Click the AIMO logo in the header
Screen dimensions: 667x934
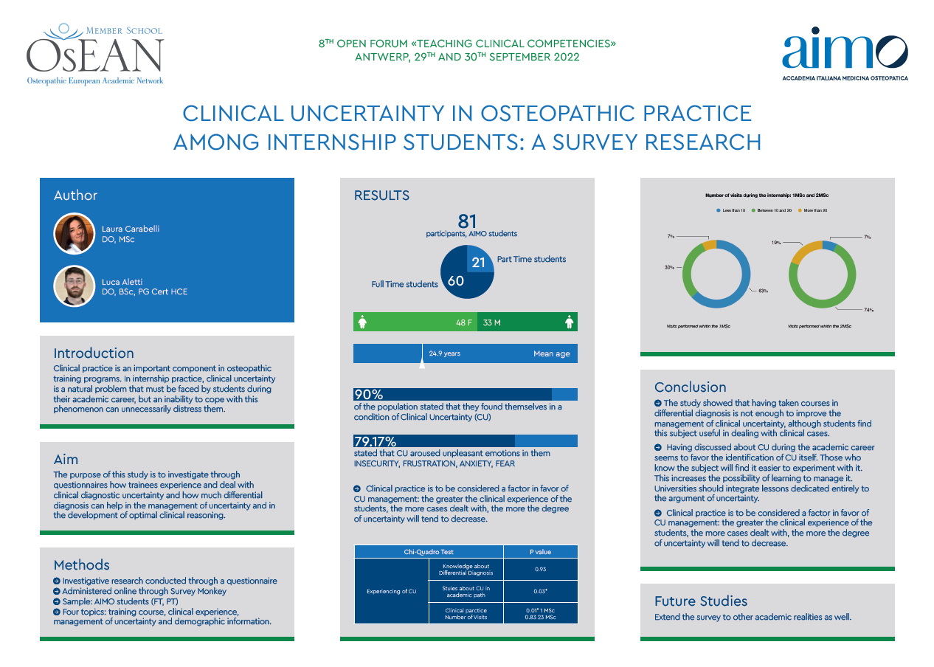click(845, 55)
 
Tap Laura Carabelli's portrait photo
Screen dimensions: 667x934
click(75, 234)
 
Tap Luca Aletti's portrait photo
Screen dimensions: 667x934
click(75, 286)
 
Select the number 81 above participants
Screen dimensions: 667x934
click(467, 221)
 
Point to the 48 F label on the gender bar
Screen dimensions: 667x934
click(465, 322)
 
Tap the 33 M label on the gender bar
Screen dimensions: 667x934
click(492, 322)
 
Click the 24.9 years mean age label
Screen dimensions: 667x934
click(444, 353)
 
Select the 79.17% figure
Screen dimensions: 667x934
click(375, 442)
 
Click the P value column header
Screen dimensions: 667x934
click(540, 551)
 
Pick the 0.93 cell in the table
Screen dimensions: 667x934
click(540, 569)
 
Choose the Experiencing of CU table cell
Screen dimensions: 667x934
click(392, 591)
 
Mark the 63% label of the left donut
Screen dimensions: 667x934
click(763, 291)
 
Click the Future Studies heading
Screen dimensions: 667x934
click(700, 601)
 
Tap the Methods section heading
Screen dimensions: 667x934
click(81, 565)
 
